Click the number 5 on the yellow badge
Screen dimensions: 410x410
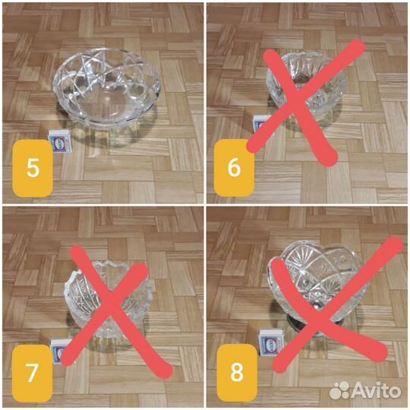pyautogui.click(x=33, y=168)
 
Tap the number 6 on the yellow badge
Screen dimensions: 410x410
pyautogui.click(x=234, y=168)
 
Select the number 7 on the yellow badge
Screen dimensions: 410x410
pyautogui.click(x=32, y=372)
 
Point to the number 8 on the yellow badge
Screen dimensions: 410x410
pyautogui.click(x=237, y=372)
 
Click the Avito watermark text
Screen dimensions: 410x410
pyautogui.click(x=377, y=391)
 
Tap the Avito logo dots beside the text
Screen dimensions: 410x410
pyautogui.click(x=339, y=391)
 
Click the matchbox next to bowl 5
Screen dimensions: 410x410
pyautogui.click(x=61, y=141)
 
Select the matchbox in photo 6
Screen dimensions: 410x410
pyautogui.click(x=262, y=126)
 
